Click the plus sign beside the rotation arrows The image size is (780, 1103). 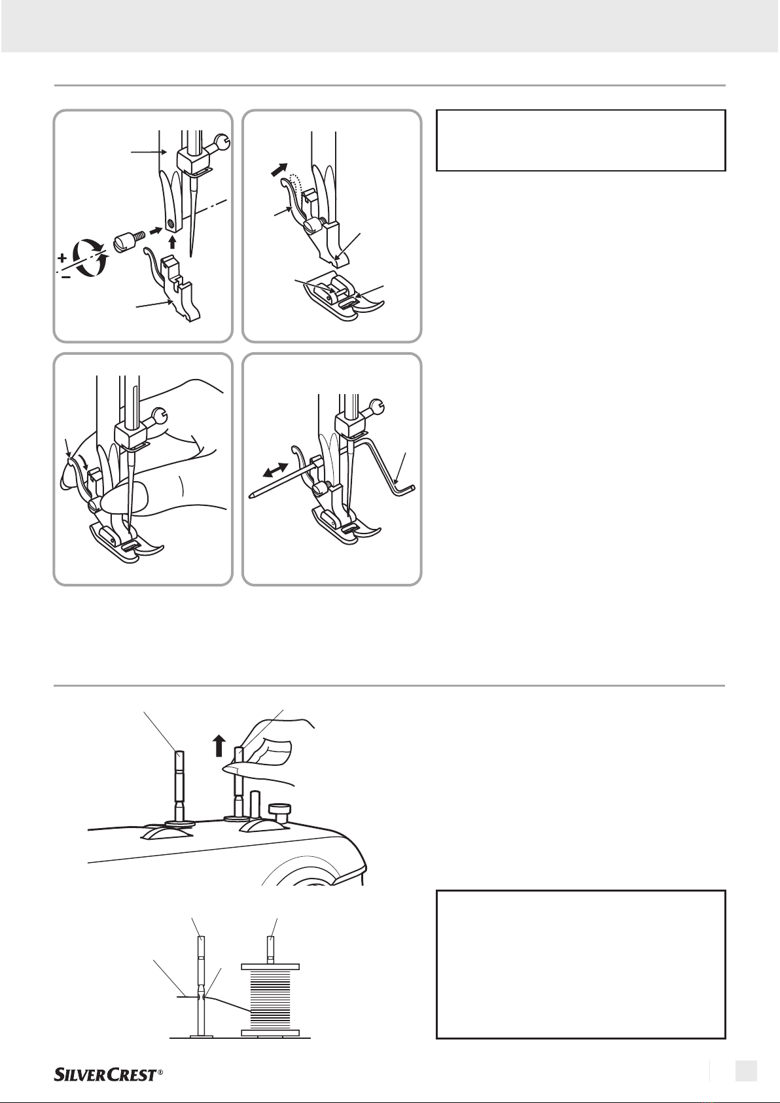[x=62, y=257]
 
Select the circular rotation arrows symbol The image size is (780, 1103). [x=90, y=257]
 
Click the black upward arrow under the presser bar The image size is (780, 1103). [x=171, y=243]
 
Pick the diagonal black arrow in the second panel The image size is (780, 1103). [x=279, y=170]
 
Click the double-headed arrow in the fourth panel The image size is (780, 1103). [x=275, y=469]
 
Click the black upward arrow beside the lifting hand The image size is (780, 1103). [x=219, y=746]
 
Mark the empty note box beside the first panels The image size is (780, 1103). [x=580, y=140]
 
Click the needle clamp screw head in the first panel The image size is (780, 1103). [x=224, y=143]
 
